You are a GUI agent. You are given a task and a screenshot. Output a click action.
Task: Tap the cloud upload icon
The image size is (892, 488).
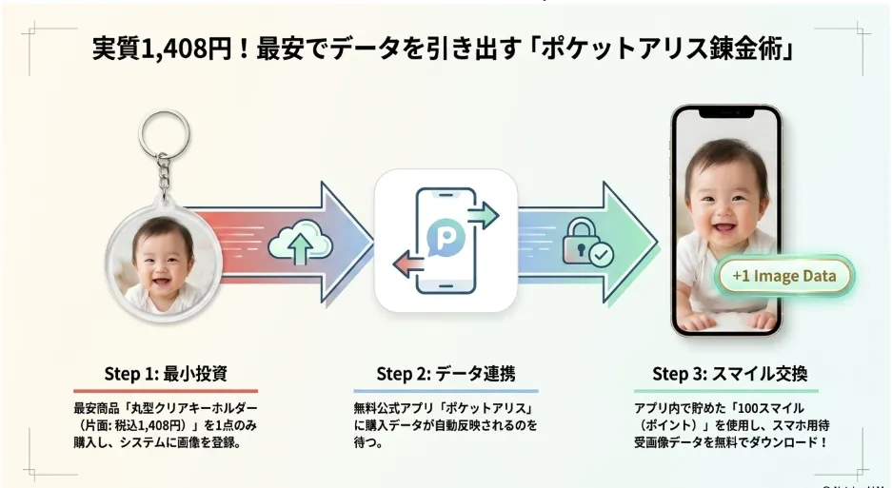click(300, 243)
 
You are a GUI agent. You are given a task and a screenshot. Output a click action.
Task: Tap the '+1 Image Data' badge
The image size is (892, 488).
click(783, 277)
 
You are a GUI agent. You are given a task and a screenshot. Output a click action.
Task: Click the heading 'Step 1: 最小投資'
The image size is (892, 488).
click(166, 374)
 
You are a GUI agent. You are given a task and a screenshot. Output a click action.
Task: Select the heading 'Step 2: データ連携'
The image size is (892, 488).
click(446, 374)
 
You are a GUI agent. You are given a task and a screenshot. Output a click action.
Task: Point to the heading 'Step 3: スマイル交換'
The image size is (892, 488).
click(729, 374)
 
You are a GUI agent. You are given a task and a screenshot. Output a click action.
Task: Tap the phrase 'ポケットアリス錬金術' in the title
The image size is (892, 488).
click(662, 49)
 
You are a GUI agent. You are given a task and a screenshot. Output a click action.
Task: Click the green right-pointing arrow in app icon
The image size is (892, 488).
click(483, 216)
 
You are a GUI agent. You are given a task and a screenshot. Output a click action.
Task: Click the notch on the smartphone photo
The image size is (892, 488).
click(726, 113)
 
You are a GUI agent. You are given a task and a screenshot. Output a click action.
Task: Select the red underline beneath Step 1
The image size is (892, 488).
click(166, 391)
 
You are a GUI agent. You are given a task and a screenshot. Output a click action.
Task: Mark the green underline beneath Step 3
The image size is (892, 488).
click(726, 391)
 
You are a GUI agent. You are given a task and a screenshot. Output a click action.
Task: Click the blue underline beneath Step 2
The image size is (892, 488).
click(446, 391)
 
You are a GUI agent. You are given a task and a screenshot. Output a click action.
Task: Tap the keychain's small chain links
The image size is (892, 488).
click(164, 173)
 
